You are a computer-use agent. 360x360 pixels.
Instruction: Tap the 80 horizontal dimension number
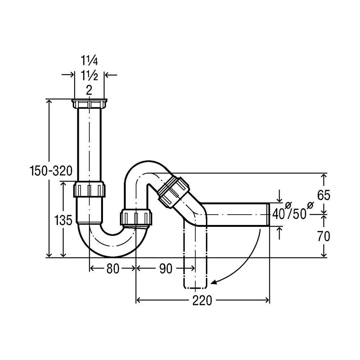point(113,269)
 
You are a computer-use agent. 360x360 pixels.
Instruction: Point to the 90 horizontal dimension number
point(166,269)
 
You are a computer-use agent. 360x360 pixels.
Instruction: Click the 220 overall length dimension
point(202,300)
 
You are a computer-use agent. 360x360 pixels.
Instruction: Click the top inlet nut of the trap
point(89,103)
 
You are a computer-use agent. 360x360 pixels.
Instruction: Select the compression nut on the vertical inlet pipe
point(89,189)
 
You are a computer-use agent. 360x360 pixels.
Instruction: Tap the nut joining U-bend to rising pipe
point(136,217)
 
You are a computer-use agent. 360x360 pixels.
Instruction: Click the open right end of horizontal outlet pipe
point(267,215)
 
